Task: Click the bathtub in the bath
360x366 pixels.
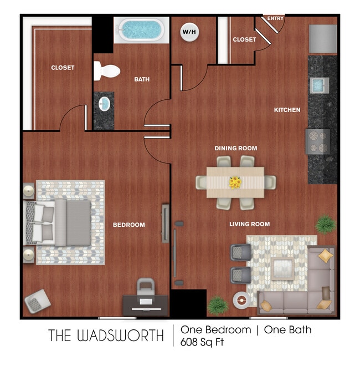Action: (x=141, y=30)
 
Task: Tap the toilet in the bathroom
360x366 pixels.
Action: (x=107, y=70)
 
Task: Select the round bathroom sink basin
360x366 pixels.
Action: (x=104, y=103)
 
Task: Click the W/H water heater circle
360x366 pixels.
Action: (x=189, y=32)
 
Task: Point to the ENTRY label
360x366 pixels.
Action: (x=275, y=18)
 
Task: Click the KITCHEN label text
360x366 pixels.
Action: (x=287, y=110)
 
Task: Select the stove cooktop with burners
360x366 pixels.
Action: (x=317, y=141)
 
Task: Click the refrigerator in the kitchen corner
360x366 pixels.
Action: (x=322, y=38)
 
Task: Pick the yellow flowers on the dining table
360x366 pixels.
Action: (x=235, y=181)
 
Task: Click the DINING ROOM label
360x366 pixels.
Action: (x=236, y=148)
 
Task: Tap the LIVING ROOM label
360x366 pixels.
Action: (x=250, y=224)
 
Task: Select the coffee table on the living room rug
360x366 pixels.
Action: (x=282, y=269)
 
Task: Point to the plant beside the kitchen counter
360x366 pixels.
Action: (x=326, y=224)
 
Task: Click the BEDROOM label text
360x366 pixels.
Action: (x=128, y=225)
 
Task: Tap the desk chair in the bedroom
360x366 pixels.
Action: (x=146, y=289)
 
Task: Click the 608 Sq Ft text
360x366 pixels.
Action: (x=202, y=342)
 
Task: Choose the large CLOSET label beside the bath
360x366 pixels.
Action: (x=63, y=68)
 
